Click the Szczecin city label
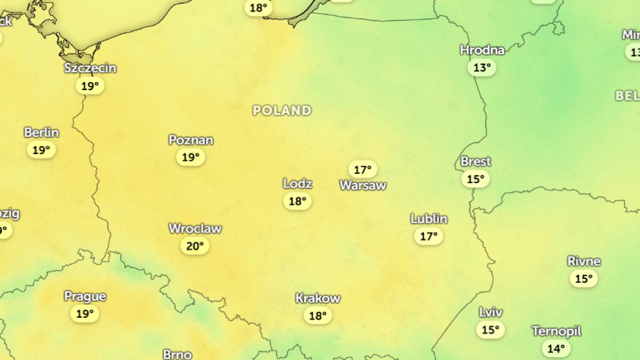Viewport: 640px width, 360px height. pyautogui.click(x=90, y=68)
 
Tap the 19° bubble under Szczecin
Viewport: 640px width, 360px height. pyautogui.click(x=90, y=85)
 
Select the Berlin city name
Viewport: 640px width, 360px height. pyautogui.click(x=42, y=132)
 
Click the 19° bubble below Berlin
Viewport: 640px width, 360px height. pyautogui.click(x=42, y=150)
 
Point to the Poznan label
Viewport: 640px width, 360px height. pyautogui.click(x=191, y=140)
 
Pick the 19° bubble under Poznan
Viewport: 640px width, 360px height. pyautogui.click(x=191, y=157)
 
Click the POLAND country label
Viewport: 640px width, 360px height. pyautogui.click(x=282, y=110)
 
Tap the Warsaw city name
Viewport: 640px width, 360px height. pyautogui.click(x=363, y=186)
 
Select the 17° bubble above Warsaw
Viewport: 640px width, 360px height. pyautogui.click(x=363, y=170)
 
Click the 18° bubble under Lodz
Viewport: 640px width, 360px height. pyautogui.click(x=298, y=201)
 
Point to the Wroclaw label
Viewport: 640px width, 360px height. pyautogui.click(x=195, y=229)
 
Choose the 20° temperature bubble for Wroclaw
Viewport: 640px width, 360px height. pyautogui.click(x=195, y=246)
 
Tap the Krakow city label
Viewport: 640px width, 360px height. pyautogui.click(x=318, y=298)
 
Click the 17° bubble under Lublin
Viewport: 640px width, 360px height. pyautogui.click(x=429, y=236)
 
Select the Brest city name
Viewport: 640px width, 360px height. pyautogui.click(x=476, y=162)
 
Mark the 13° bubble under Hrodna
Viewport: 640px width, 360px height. pyautogui.click(x=482, y=68)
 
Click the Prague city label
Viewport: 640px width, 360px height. pyautogui.click(x=85, y=297)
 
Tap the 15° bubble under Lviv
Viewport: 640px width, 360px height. pyautogui.click(x=490, y=330)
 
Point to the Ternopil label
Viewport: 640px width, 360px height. pyautogui.click(x=556, y=331)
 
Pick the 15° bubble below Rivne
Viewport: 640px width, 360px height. pyautogui.click(x=584, y=278)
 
